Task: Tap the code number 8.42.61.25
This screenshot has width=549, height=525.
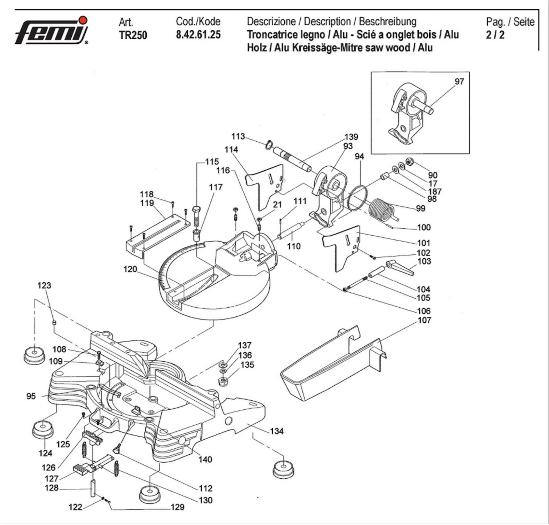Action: point(198,35)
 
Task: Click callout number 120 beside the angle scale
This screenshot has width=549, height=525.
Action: point(130,269)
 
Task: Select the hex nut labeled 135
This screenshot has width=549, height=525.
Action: point(223,381)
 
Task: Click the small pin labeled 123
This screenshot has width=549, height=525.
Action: point(54,323)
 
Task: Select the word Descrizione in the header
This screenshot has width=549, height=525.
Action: point(271,22)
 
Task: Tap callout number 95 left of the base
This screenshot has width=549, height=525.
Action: point(31,396)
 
